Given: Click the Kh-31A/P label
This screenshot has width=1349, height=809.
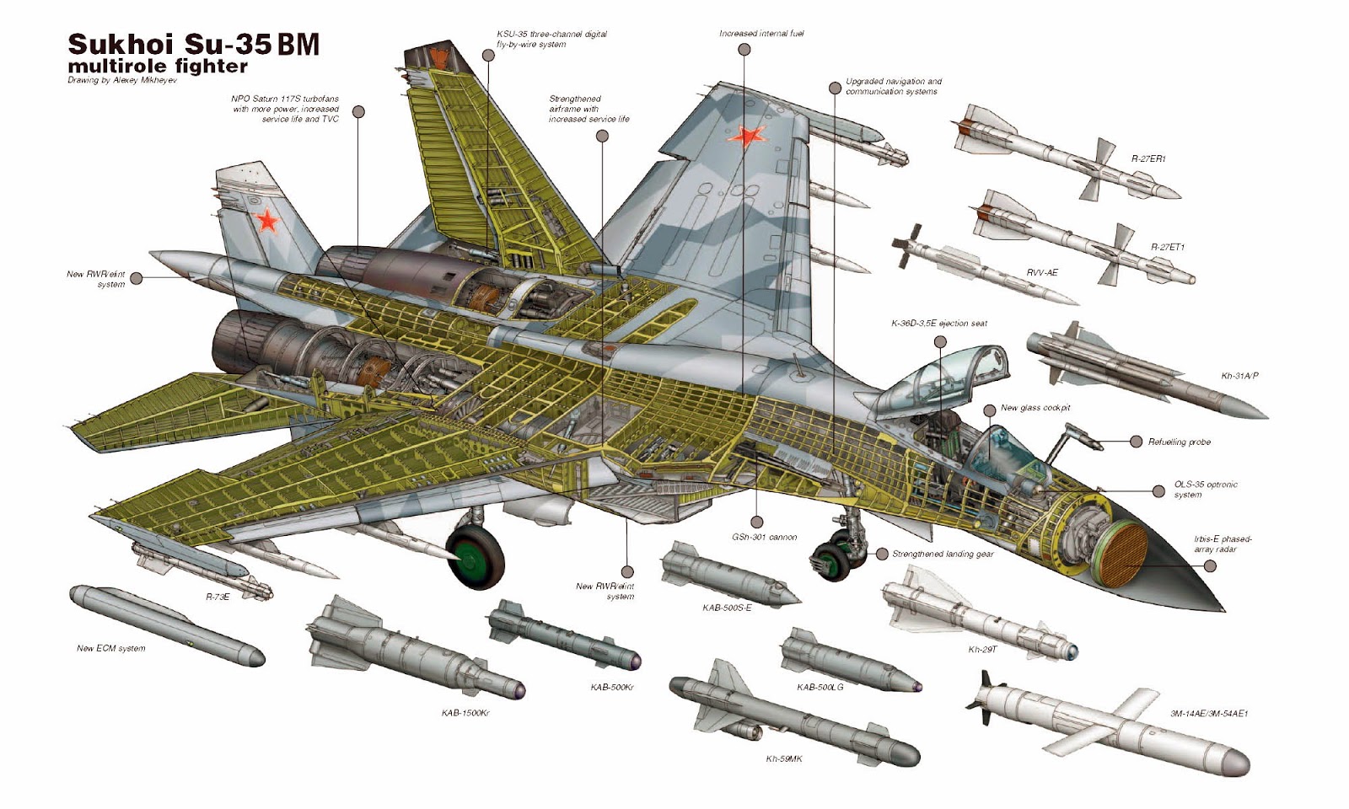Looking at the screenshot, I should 1239,376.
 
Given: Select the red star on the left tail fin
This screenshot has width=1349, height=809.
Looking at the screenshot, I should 267,221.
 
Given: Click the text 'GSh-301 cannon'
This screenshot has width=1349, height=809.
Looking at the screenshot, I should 764,537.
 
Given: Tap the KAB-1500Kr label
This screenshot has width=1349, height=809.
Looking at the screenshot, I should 465,713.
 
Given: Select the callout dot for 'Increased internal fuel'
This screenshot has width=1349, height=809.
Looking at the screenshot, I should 744,50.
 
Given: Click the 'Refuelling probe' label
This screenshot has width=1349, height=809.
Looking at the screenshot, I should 1179,442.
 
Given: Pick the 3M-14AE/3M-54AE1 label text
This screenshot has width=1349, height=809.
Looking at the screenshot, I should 1208,713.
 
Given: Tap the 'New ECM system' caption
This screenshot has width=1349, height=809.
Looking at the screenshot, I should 110,648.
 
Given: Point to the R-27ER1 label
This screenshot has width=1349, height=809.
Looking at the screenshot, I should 1147,158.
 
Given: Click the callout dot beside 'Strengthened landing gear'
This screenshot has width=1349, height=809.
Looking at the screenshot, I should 882,554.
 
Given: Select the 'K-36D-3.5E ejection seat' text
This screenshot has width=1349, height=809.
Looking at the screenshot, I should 939,324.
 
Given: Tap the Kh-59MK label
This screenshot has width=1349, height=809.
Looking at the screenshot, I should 783,758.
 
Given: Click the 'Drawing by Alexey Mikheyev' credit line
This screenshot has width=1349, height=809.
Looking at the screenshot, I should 121,81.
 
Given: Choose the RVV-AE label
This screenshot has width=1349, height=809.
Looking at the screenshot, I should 1041,272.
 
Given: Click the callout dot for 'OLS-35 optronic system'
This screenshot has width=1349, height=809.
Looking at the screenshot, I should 1158,491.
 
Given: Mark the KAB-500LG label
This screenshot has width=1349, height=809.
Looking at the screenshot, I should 820,687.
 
